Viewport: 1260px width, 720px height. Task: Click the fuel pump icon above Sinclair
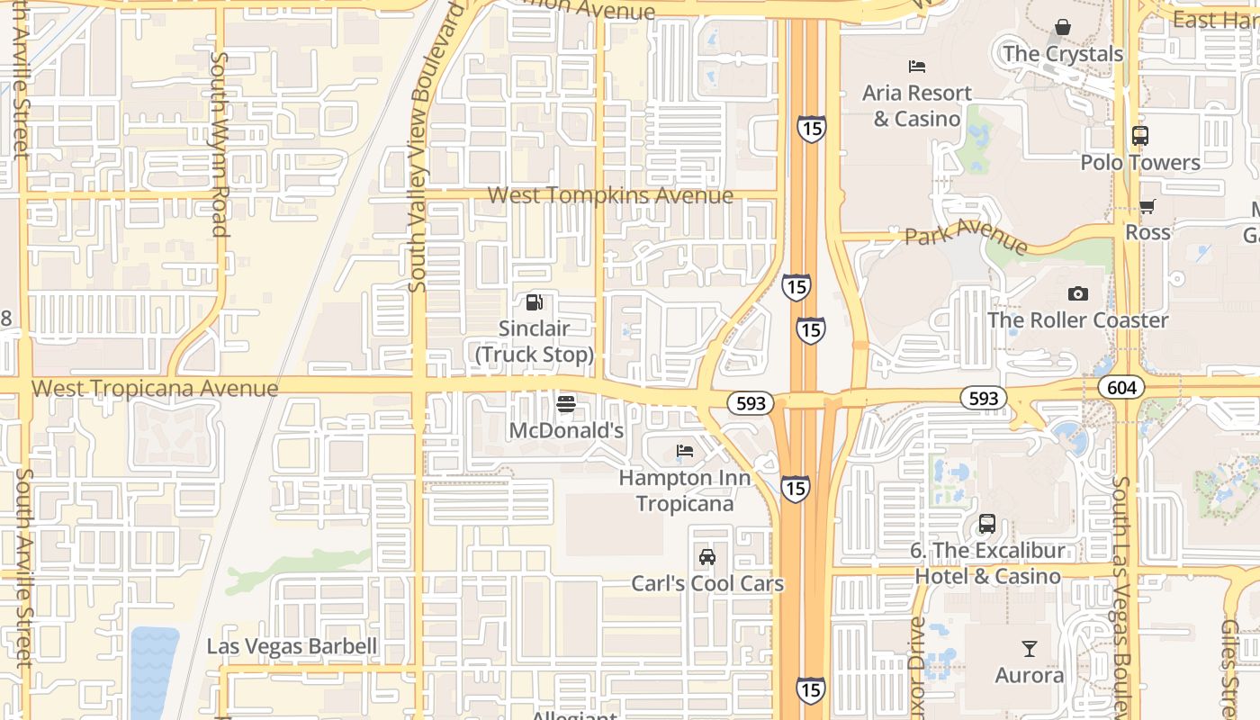(x=535, y=302)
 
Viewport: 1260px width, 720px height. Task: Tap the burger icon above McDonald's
(x=565, y=404)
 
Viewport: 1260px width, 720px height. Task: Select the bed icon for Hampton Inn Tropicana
(x=685, y=451)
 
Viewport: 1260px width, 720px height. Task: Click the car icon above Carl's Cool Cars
(x=707, y=557)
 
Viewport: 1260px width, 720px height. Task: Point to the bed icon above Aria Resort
(x=917, y=67)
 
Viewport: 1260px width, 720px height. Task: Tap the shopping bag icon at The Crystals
(x=1063, y=27)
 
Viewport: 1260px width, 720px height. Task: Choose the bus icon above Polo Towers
(x=1140, y=136)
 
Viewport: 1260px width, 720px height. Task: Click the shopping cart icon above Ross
(x=1147, y=206)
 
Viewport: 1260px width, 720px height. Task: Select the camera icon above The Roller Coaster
(x=1077, y=293)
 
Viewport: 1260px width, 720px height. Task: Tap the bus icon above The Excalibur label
(x=987, y=523)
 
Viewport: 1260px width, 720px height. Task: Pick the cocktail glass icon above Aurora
(x=1030, y=648)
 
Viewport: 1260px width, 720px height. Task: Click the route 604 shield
(x=1121, y=388)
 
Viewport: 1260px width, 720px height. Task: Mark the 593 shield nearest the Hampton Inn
(x=751, y=403)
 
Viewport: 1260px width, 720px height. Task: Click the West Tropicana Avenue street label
(x=155, y=389)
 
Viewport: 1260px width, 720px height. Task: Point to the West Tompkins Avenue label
(x=610, y=195)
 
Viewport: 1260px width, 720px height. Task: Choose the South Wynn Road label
(x=219, y=144)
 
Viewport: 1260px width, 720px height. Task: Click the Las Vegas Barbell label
(x=292, y=646)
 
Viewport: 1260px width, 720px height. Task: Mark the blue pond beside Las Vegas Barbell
(x=154, y=670)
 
